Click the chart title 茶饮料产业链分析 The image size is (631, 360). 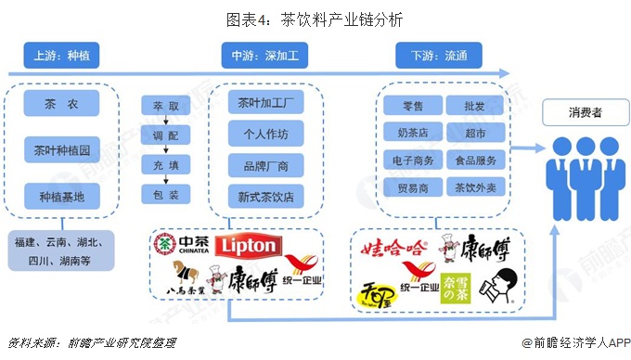click(x=315, y=18)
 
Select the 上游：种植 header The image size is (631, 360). click(x=60, y=56)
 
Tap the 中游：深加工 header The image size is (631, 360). click(x=264, y=56)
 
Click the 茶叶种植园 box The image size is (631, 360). click(x=60, y=148)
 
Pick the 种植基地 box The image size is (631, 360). click(x=60, y=196)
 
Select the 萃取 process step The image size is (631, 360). click(x=166, y=106)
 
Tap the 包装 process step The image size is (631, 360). click(x=166, y=195)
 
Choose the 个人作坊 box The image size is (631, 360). click(x=265, y=134)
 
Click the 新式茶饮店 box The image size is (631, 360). click(x=265, y=197)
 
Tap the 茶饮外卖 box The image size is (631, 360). click(x=475, y=187)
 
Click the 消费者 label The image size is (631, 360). click(x=586, y=113)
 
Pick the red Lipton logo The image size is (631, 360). click(x=247, y=246)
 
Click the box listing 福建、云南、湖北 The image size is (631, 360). click(x=60, y=251)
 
